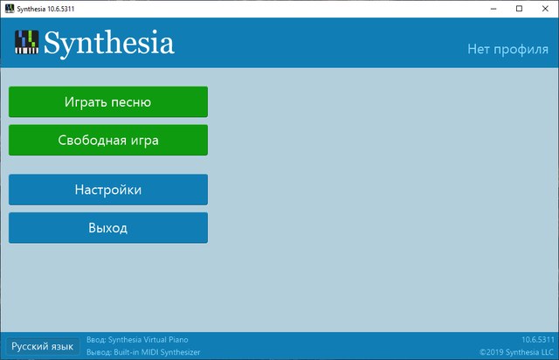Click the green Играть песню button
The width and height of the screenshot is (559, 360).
(x=108, y=101)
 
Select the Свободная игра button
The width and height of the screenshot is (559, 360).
(x=108, y=140)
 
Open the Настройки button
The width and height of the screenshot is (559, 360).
(x=108, y=190)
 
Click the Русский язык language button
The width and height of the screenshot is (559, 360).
(x=44, y=346)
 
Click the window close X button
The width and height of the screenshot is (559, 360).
(x=542, y=9)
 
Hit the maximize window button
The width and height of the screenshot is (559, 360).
(x=518, y=9)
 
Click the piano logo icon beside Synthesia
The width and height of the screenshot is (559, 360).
(x=27, y=42)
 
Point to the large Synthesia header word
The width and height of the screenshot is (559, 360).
(x=109, y=43)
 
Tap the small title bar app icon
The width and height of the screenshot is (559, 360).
(x=9, y=9)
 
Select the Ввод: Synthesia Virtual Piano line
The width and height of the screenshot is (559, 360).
(x=138, y=339)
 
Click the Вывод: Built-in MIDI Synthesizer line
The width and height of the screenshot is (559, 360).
(x=143, y=352)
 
